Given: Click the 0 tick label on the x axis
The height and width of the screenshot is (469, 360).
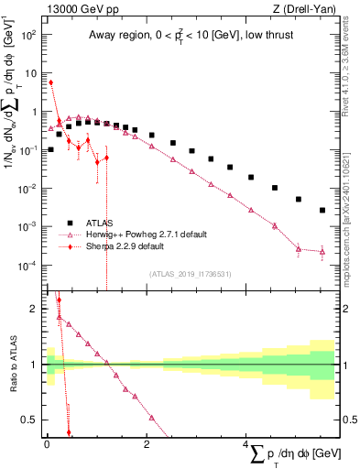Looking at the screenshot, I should pyautogui.click(x=47, y=442).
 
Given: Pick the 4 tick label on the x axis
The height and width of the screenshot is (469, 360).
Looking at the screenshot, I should pyautogui.click(x=246, y=442).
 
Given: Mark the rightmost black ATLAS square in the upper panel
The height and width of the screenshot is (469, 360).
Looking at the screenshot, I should pyautogui.click(x=322, y=210).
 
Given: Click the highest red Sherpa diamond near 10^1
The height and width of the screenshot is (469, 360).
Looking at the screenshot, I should pyautogui.click(x=51, y=82).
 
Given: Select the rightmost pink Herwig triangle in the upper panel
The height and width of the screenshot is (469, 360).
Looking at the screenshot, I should pyautogui.click(x=322, y=251).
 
